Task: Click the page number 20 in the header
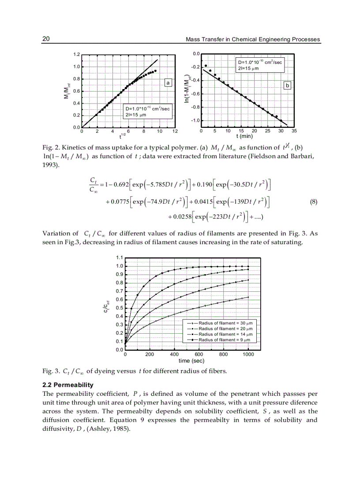[45, 39]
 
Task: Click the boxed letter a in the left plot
[167, 82]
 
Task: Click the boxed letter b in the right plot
[287, 86]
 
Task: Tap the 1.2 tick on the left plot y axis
[76, 55]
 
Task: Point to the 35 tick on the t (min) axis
[294, 131]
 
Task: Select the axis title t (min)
[243, 136]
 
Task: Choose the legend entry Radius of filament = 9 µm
[224, 340]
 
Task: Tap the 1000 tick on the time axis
[248, 354]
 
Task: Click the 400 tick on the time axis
[174, 354]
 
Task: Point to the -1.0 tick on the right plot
[195, 121]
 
